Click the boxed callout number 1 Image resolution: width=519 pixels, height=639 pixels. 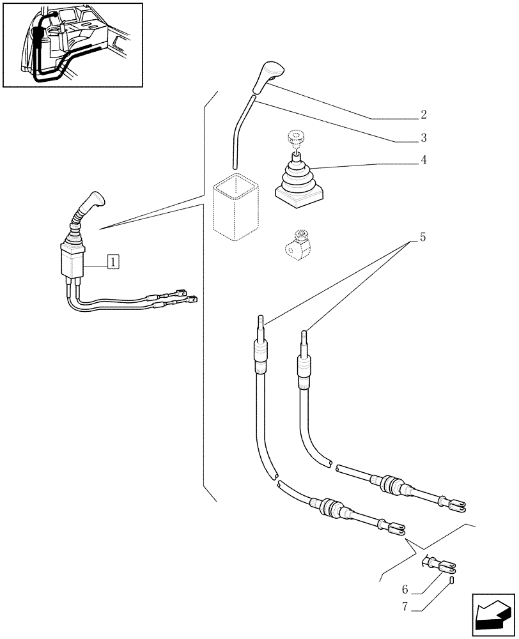point(112,261)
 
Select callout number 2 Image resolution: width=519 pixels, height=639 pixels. point(423,115)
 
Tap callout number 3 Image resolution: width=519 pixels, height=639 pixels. point(423,137)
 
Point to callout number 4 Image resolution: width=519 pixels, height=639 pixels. point(423,160)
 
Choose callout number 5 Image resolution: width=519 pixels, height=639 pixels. point(422,237)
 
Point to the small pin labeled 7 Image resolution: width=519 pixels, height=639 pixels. point(451,580)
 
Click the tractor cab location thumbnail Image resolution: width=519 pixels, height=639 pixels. point(72,45)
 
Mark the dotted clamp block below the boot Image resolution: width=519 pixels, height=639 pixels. point(297,245)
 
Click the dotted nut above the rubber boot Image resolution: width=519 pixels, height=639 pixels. point(295,137)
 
